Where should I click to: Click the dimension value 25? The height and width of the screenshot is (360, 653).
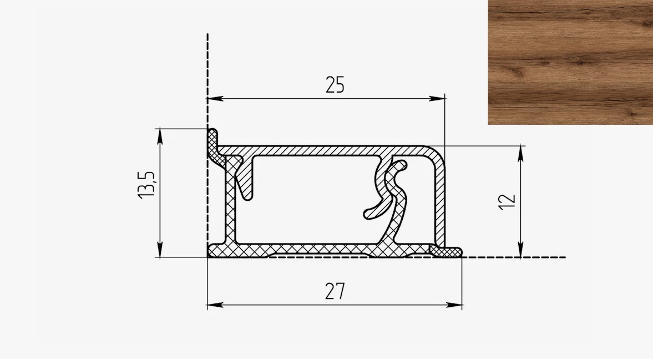point(335,85)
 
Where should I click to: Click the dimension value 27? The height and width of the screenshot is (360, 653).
point(335,291)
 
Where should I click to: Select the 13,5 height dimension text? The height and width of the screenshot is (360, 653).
point(146,184)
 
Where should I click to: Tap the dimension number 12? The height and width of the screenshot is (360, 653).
point(507,202)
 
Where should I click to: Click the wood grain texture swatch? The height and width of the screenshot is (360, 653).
point(570,63)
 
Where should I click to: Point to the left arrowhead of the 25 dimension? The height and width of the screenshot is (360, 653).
point(215,99)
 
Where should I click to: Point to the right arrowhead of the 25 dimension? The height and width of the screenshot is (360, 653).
point(437,99)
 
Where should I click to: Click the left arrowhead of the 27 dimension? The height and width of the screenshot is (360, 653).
point(215,305)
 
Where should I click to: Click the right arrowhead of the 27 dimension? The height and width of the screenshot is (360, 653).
point(454,305)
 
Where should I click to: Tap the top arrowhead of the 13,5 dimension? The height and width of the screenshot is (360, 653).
point(160,136)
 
